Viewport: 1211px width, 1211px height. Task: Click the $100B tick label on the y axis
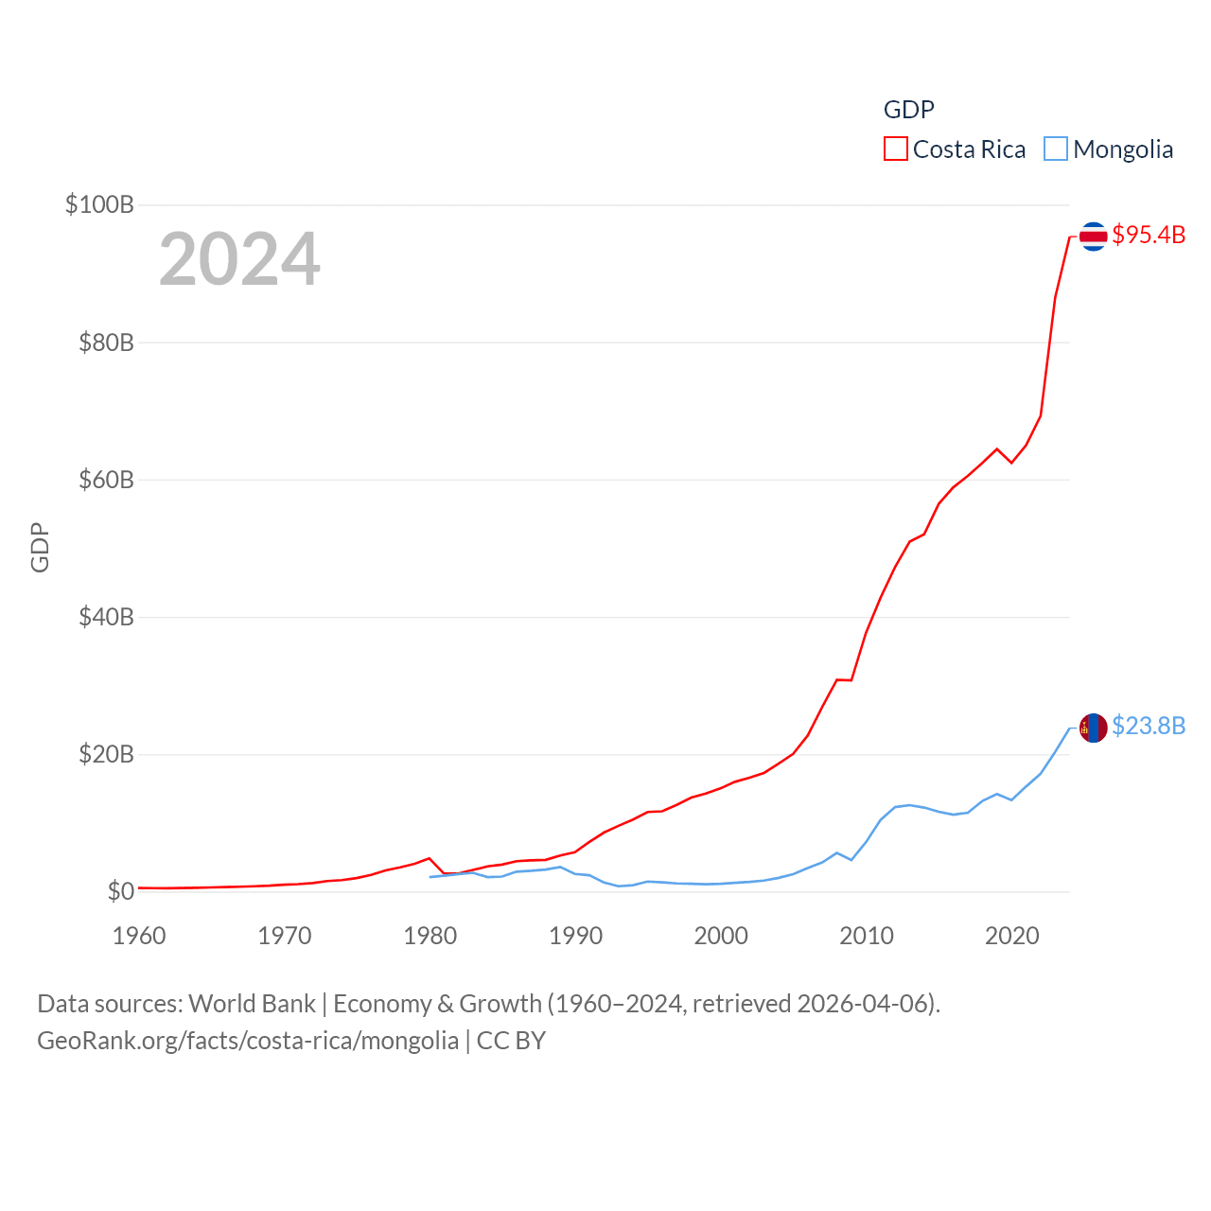[99, 204]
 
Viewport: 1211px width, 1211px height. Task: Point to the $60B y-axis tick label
[106, 480]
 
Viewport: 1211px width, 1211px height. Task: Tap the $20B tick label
[106, 754]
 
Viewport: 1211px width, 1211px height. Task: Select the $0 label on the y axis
[120, 891]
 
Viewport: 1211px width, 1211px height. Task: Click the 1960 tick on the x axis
[139, 936]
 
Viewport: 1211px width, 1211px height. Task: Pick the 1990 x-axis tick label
[575, 936]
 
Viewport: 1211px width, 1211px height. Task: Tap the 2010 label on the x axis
[867, 936]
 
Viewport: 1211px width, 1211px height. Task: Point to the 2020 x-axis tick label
[1012, 936]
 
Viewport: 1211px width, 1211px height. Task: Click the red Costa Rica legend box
[896, 149]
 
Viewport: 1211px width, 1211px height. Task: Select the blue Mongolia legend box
[1056, 149]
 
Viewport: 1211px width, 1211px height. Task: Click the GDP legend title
[908, 110]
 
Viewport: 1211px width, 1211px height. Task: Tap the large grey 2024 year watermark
[239, 259]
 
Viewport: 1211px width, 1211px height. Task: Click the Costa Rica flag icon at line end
[1093, 236]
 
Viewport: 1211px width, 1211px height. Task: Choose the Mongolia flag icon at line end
[1093, 728]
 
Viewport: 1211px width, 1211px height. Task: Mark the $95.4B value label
[1149, 235]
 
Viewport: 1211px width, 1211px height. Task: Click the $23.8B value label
[1149, 726]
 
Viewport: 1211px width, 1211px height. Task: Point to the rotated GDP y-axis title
[40, 547]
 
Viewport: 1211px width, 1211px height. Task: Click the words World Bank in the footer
[252, 1004]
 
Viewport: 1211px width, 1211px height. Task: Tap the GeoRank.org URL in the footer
[248, 1041]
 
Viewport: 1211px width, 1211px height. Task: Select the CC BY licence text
[511, 1041]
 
